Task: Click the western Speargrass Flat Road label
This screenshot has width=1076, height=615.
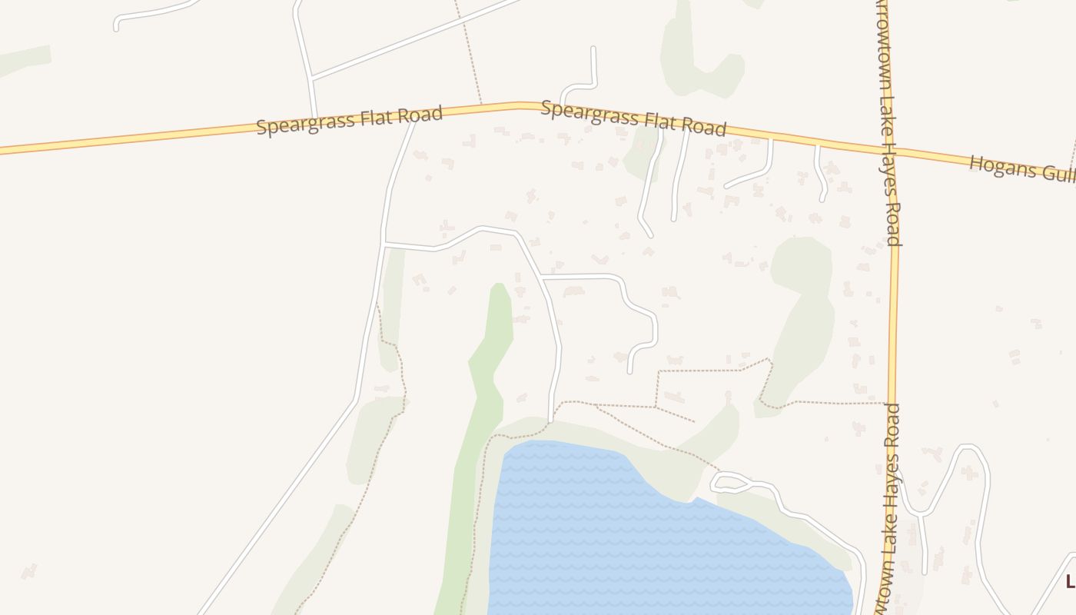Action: point(350,121)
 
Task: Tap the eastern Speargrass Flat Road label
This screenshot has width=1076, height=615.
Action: point(633,118)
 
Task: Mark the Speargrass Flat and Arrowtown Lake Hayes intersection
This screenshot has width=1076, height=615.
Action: point(894,150)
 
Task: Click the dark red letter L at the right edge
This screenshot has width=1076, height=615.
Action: point(1070,581)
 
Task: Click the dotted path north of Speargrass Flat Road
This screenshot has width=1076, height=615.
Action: point(469,54)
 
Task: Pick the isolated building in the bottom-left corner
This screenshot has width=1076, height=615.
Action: point(28,571)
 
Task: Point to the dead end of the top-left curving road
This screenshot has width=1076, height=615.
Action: point(116,29)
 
